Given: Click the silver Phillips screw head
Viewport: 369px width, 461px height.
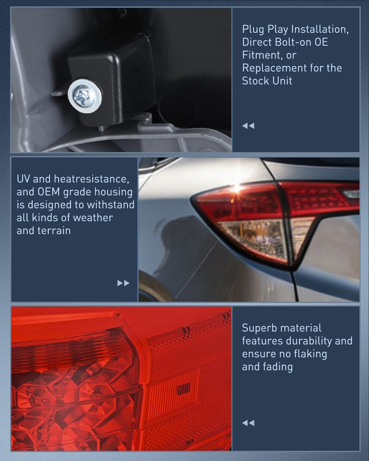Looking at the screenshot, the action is (x=85, y=96).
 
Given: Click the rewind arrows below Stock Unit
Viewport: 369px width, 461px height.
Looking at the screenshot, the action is (x=248, y=126).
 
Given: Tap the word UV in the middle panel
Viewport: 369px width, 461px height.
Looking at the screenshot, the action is (x=23, y=179).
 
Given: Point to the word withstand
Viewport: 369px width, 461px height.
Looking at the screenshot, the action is (x=111, y=205).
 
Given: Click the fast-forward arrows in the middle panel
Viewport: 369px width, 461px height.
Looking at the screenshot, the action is (x=124, y=283).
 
